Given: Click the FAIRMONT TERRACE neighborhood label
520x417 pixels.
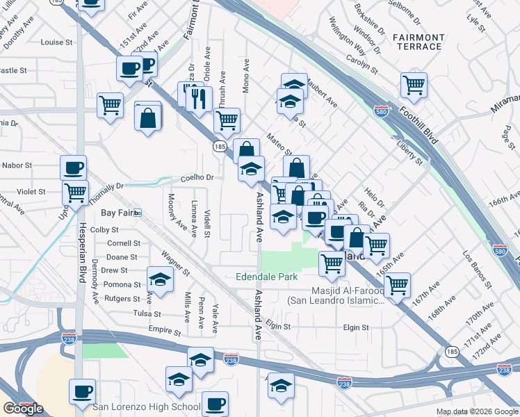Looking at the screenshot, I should click(417, 42).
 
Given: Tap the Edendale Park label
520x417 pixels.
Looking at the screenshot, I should click(267, 277).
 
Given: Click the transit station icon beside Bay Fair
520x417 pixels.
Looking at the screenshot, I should click(138, 213).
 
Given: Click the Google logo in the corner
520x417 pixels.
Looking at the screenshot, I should click(22, 409).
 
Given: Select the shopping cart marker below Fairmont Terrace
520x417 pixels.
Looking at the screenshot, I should click(414, 85).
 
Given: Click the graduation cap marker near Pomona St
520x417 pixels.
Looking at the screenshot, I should click(161, 280).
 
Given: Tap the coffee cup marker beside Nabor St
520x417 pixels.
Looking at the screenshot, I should click(74, 167).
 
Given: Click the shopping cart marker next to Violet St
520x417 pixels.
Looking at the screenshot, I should click(75, 192).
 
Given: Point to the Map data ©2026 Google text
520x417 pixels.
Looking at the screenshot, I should click(477, 411).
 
